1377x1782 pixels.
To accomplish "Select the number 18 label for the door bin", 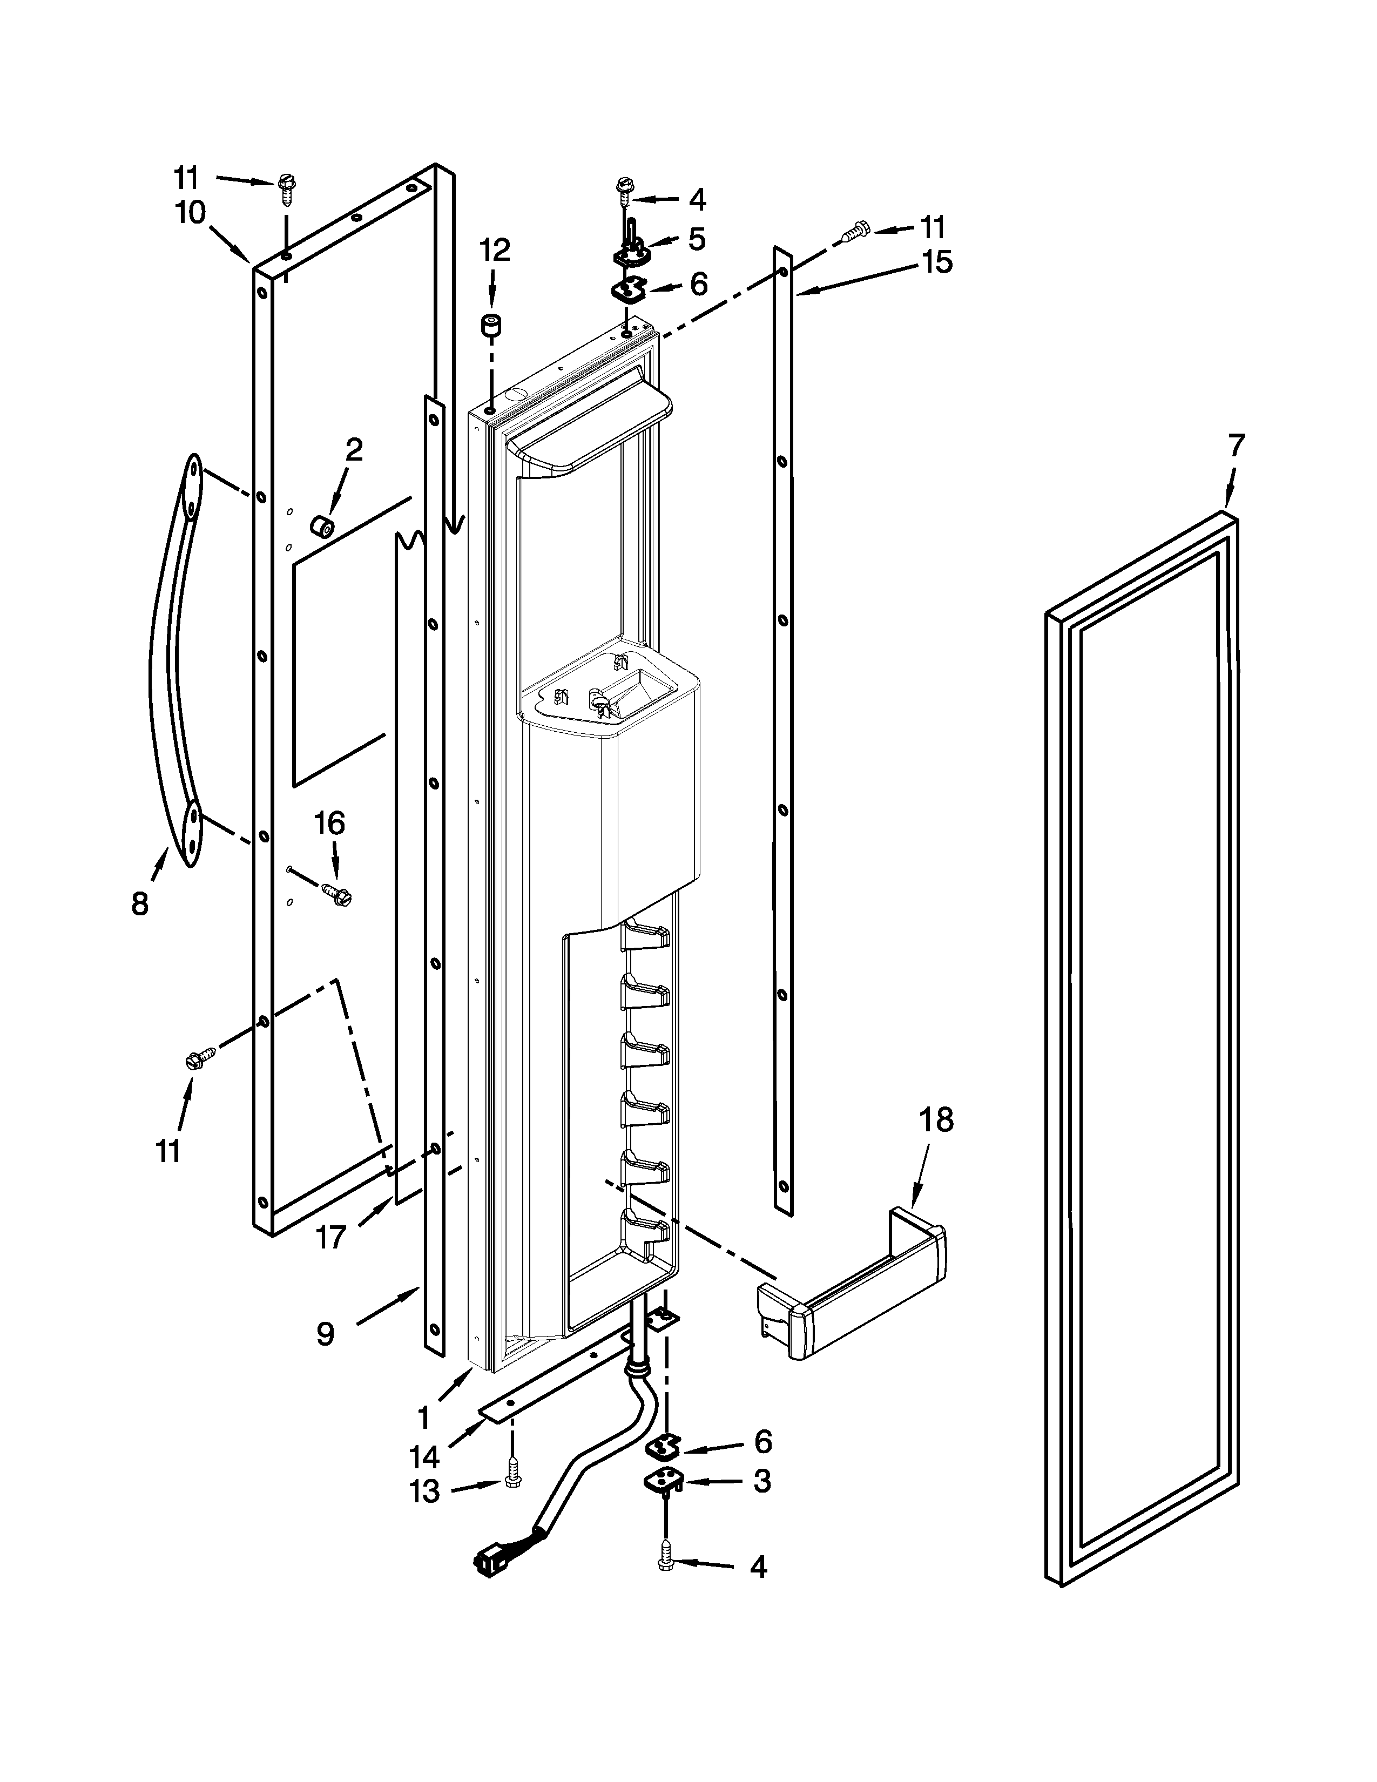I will pos(936,1120).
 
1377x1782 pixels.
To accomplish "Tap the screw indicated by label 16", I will pos(337,892).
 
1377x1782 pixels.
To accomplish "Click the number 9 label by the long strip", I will pos(325,1333).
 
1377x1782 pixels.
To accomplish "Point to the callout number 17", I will pos(331,1238).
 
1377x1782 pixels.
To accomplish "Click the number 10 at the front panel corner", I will pos(190,214).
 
